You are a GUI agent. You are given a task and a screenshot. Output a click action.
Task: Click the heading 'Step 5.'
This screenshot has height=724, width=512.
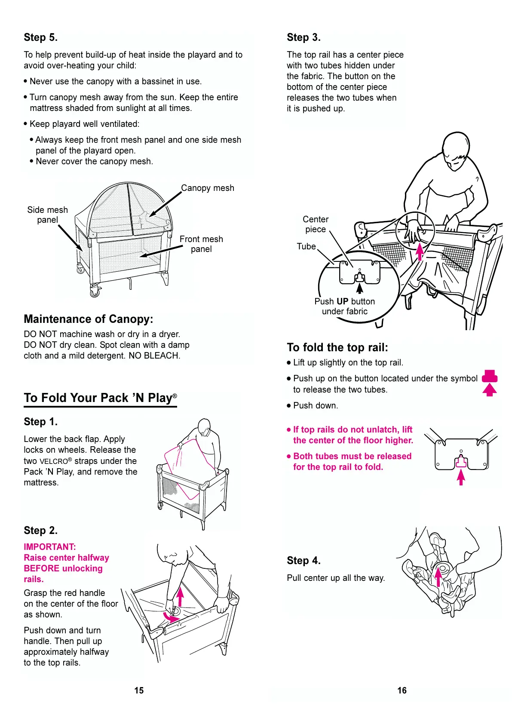coord(40,37)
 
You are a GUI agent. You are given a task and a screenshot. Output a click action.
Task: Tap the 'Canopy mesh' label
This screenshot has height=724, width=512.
coord(207,188)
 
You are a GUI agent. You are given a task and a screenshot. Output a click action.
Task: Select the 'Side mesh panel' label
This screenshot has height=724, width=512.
coord(47,215)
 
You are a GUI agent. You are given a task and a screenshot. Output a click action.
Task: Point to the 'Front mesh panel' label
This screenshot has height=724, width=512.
coord(201,244)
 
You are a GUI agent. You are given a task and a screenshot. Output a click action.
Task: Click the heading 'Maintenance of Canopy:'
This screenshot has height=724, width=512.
coord(88,319)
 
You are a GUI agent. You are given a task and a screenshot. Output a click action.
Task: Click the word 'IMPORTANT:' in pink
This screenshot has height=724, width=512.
coord(50,547)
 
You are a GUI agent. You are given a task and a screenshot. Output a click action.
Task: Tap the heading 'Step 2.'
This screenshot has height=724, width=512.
coord(40,531)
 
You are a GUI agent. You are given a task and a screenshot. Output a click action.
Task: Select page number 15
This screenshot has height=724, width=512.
coord(139,690)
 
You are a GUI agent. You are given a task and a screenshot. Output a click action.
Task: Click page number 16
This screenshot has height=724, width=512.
coord(402,690)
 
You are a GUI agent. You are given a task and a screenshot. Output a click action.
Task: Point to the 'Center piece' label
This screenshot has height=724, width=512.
coord(316,224)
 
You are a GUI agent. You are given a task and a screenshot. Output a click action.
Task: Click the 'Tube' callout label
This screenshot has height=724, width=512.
coord(306,246)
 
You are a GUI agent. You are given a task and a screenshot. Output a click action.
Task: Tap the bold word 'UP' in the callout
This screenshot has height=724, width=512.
coord(342,301)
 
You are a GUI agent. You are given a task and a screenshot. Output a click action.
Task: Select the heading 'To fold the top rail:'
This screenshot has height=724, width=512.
coord(337,347)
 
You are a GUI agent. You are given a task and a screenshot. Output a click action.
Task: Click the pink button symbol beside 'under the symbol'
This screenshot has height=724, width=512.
coord(490,377)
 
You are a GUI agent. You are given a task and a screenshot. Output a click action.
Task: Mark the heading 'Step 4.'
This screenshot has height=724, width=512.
coord(304,561)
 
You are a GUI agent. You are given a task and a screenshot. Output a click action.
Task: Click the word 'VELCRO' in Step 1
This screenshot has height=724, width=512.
coord(54,461)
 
